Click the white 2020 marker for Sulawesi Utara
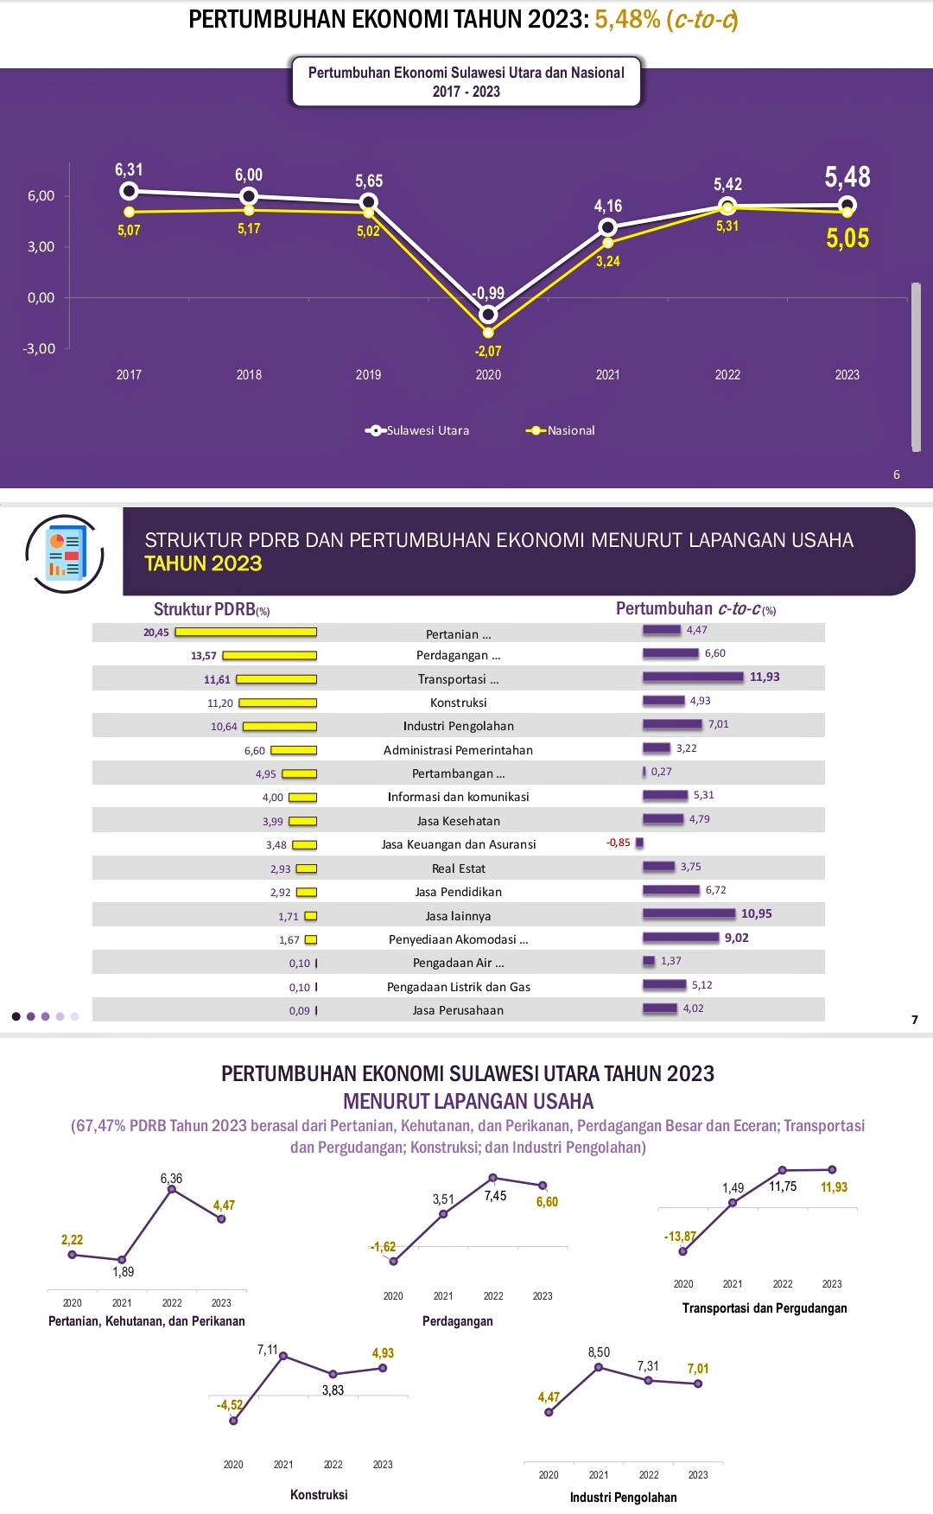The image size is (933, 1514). click(488, 315)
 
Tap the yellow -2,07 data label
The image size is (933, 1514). click(488, 351)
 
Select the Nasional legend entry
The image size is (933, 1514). click(561, 430)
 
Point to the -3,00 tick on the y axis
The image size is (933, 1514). click(39, 348)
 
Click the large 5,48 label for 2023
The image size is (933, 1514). click(847, 177)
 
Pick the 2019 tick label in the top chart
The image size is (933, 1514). click(368, 375)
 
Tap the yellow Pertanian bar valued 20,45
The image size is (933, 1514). click(246, 633)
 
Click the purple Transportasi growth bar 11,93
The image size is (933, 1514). click(693, 677)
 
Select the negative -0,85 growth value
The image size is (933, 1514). click(618, 843)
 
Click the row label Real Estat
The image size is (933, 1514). click(459, 868)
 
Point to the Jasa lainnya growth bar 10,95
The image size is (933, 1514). click(689, 913)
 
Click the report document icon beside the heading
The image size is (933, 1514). click(65, 553)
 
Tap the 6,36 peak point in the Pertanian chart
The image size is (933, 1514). click(172, 1189)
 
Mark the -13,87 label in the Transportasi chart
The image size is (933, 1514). click(680, 1237)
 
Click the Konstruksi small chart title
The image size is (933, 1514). click(319, 1494)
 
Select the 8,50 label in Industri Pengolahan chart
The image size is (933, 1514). click(599, 1352)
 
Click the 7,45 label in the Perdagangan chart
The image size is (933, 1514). click(495, 1196)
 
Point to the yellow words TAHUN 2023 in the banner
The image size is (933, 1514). click(203, 563)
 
